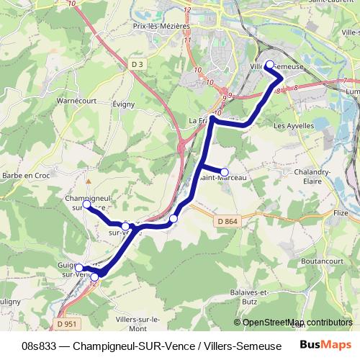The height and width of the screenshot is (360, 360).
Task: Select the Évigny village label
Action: point(124,104)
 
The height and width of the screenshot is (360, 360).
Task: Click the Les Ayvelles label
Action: point(294,125)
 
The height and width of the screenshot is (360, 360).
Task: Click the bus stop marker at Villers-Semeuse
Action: point(270,65)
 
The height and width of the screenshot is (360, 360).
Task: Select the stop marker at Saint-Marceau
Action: point(225,171)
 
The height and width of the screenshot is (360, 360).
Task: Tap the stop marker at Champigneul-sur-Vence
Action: point(86,204)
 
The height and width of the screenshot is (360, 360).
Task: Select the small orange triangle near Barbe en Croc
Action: point(88,181)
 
